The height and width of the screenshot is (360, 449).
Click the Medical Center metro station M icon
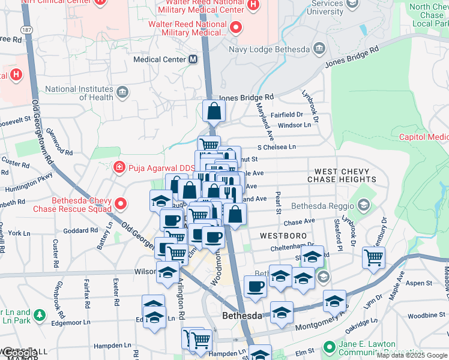click(193, 59)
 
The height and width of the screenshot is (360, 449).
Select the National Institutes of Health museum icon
click(123, 91)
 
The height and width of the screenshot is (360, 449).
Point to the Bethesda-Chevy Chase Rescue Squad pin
click(121, 204)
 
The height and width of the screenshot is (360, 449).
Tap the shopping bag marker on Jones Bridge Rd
click(214, 111)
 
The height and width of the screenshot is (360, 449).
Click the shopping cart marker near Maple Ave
click(374, 257)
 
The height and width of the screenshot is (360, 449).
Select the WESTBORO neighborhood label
click(283, 236)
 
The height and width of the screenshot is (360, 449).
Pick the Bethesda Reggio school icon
click(363, 206)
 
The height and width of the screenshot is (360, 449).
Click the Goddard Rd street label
click(80, 230)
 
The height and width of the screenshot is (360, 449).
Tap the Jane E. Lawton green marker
click(328, 347)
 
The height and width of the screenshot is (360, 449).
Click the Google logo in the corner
click(19, 353)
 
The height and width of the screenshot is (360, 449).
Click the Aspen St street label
click(421, 283)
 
